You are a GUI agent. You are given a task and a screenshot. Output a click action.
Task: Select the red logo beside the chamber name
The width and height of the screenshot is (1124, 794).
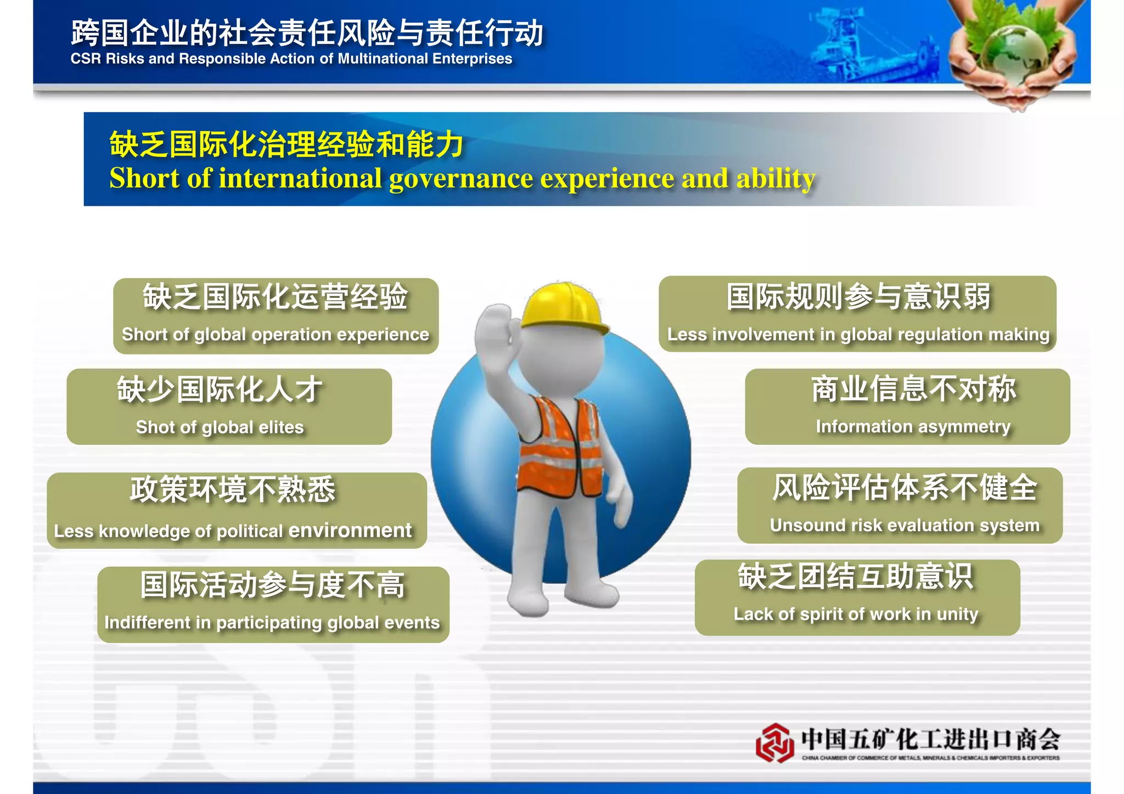coord(774,742)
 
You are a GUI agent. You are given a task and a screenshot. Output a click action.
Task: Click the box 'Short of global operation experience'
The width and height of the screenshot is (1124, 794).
coord(276,316)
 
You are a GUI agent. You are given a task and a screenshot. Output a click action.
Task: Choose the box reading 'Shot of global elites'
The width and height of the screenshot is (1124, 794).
coord(229,407)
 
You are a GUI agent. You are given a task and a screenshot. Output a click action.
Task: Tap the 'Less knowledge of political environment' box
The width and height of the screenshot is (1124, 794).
coord(237,510)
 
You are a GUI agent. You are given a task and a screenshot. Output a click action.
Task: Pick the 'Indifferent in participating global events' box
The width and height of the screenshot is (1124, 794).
coord(273,604)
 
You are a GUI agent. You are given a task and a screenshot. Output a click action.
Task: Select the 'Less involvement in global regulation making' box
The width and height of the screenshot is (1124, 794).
coord(857,314)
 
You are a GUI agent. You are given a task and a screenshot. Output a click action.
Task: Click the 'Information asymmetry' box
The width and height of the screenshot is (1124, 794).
coord(907,407)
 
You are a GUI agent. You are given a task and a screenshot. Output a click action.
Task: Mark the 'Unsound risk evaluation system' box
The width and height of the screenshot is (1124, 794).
coord(900,505)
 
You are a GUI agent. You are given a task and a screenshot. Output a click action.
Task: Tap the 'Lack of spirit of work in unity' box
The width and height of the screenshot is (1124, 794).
coord(857,598)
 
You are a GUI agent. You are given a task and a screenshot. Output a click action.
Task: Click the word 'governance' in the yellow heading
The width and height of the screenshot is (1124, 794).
coord(461,179)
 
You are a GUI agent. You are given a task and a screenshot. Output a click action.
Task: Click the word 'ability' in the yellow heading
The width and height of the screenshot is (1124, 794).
coord(775,179)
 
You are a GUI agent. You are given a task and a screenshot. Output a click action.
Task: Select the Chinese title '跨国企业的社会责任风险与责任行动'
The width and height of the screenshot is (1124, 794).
coord(307,33)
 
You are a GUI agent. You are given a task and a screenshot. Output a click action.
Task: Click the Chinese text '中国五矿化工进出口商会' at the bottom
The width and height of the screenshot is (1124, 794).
coord(930,739)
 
